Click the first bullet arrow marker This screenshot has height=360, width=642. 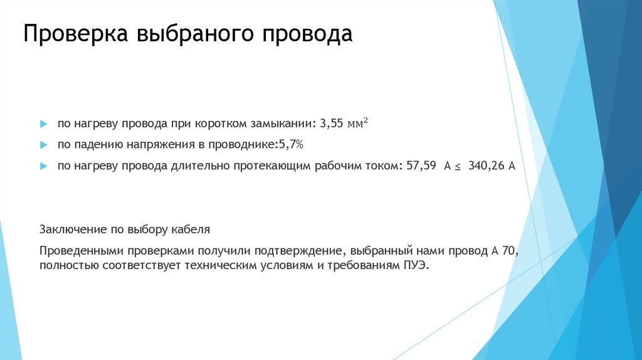coord(43,124)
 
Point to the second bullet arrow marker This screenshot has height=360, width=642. coord(43,146)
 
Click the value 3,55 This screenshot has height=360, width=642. coord(332,124)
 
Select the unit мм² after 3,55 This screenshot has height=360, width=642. coord(357,123)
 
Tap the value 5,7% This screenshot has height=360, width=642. coord(290,146)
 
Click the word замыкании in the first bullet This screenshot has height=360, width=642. coord(285,124)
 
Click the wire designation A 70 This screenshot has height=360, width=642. coord(505,251)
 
